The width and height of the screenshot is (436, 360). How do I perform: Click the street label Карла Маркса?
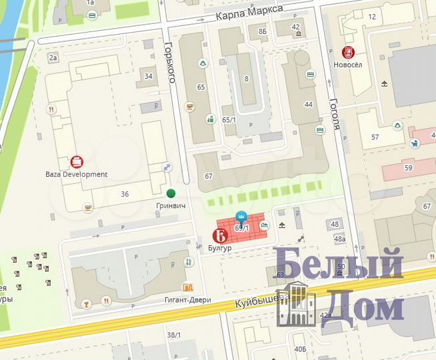pos(249,12)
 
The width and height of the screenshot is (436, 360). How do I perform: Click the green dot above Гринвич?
pos(171,193)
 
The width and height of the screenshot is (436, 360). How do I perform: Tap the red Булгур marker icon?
pos(219,235)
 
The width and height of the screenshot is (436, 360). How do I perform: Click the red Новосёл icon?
pos(348,52)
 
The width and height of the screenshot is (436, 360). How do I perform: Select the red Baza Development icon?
pos(77,161)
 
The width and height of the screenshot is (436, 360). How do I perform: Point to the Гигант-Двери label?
pos(187,300)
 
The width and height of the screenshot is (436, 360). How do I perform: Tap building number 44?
pos(308,105)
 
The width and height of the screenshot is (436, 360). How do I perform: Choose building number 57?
pos(375,137)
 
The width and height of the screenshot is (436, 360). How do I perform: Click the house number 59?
pos(408,168)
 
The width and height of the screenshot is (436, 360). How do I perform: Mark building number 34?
pos(148,75)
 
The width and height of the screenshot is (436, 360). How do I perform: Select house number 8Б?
pos(263,31)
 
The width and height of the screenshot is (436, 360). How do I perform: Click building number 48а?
pos(340,239)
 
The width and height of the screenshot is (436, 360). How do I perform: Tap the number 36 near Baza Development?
pos(125,194)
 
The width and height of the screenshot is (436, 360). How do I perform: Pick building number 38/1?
pos(174,335)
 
